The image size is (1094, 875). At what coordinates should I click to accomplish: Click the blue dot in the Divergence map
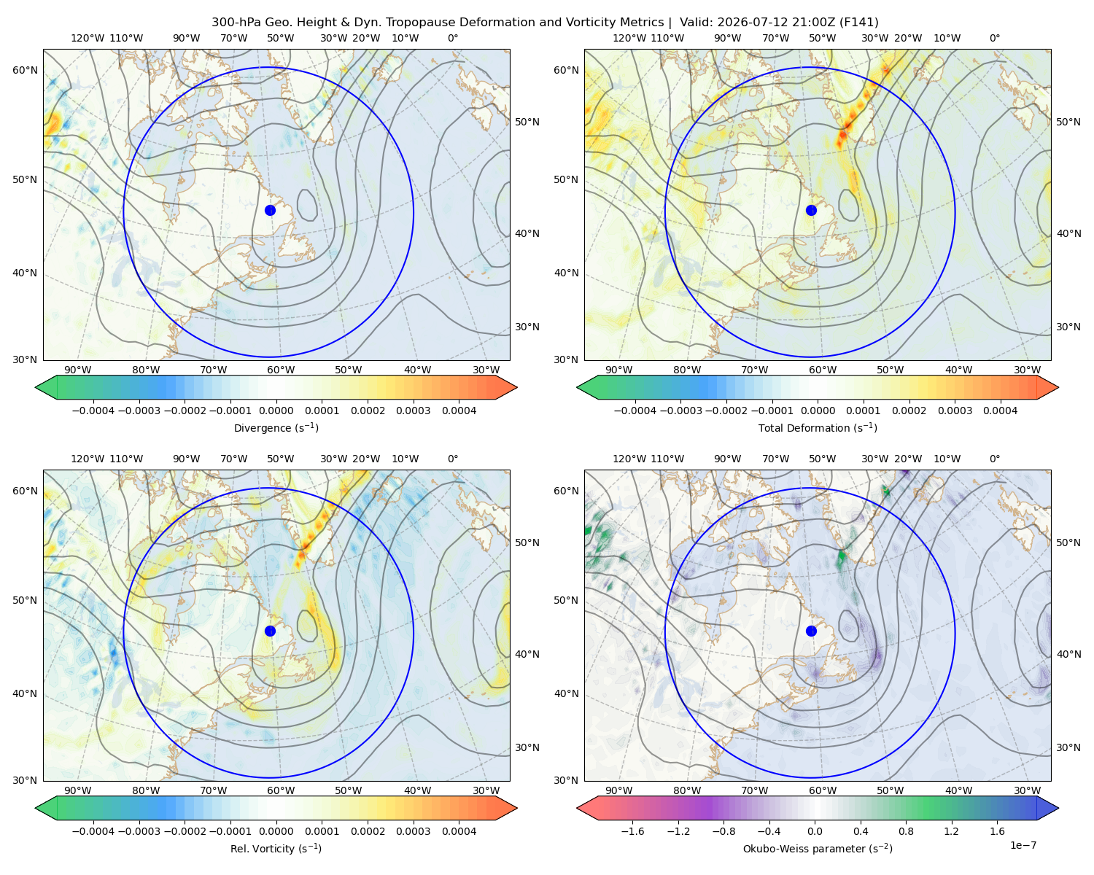(270, 210)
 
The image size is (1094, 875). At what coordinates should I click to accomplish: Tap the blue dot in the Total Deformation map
(811, 210)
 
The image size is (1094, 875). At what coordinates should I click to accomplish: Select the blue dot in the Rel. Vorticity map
(270, 631)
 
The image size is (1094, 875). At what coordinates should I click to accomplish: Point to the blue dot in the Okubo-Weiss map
(811, 631)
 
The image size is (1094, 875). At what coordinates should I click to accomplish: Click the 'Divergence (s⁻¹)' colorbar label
(276, 427)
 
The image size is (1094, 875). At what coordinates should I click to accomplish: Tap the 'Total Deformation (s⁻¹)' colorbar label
(818, 427)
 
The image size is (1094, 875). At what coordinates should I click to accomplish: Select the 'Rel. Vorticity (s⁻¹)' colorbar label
(276, 848)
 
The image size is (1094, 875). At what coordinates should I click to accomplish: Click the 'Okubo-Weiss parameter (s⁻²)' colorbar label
(818, 848)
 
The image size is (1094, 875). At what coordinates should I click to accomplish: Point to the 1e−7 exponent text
(1023, 845)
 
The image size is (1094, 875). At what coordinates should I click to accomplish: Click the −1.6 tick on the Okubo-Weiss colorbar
(632, 831)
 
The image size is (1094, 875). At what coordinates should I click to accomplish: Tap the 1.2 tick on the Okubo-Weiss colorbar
(951, 831)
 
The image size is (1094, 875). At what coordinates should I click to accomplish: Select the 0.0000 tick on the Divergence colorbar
(276, 411)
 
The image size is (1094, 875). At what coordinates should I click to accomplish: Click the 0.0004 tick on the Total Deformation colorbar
(1000, 411)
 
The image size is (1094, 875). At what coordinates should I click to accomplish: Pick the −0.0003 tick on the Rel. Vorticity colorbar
(139, 831)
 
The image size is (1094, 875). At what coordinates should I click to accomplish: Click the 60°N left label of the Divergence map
(25, 70)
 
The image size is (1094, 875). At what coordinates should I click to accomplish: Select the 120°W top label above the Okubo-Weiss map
(629, 459)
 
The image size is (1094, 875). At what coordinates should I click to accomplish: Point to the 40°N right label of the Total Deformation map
(1068, 233)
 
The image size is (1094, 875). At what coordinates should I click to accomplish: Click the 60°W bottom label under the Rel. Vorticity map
(281, 790)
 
